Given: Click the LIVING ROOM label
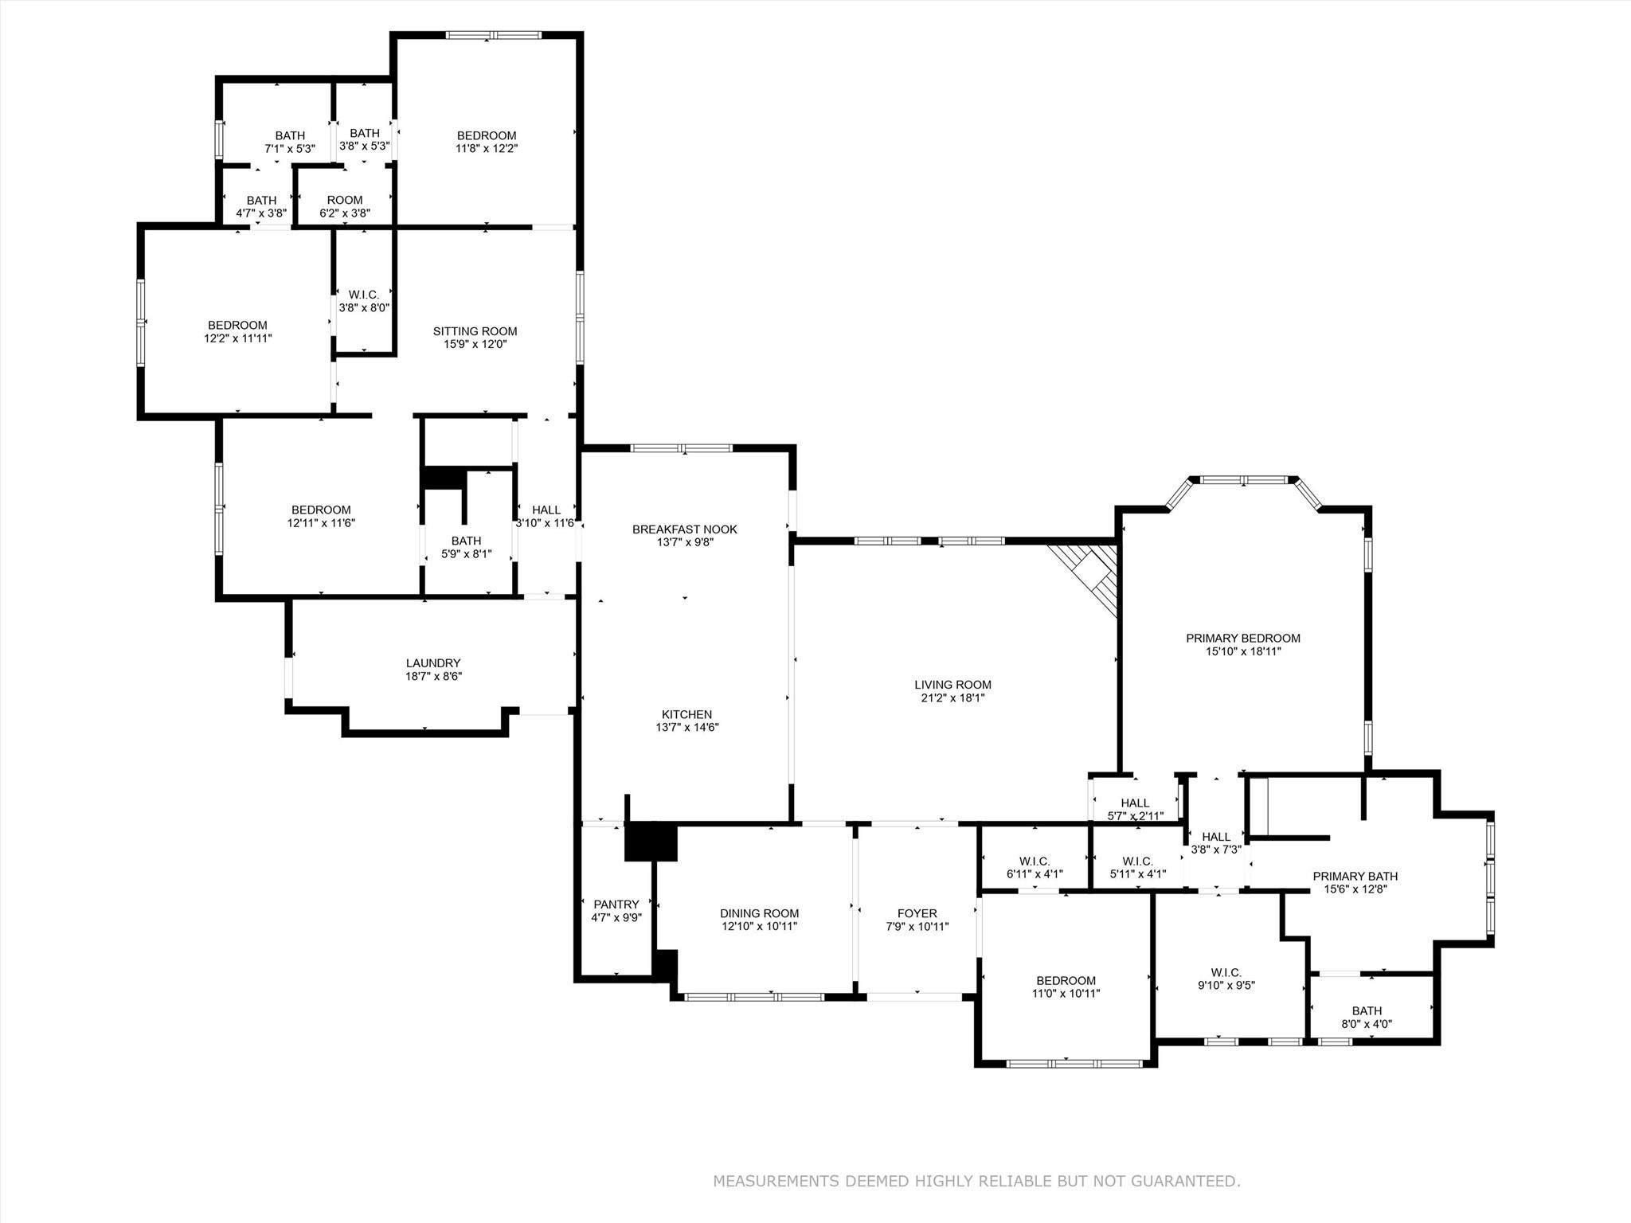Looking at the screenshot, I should point(952,685).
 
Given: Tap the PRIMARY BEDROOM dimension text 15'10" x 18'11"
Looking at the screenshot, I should point(1242,651).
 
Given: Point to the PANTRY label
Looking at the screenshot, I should point(616,905).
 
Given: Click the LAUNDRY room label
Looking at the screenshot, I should point(433,663).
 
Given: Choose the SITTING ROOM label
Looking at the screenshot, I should point(475,331).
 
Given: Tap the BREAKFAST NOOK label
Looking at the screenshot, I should point(684,529).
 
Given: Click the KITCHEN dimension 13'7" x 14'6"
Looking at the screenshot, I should point(686,728).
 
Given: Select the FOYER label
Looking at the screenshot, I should point(917,913).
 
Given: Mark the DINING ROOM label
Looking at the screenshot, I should point(759,913).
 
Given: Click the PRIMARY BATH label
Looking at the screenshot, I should point(1355,877).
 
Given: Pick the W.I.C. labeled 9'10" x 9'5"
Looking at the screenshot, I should point(1226,979).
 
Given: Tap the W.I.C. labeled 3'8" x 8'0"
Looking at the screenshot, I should point(364,301).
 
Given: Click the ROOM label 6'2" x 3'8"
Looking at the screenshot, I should point(344,206).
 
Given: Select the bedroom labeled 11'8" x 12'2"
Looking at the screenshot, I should point(486,142).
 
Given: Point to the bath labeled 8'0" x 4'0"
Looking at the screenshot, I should point(1367,1018).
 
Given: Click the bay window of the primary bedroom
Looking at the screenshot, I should point(1243,480).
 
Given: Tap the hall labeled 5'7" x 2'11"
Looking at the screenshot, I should point(1135,809).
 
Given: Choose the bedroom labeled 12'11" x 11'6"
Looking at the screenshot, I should point(320,516).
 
